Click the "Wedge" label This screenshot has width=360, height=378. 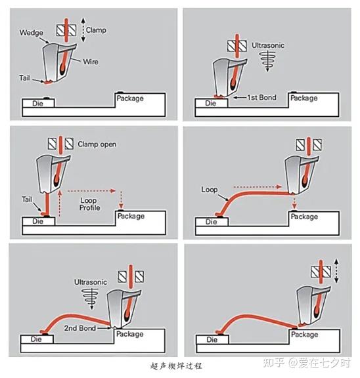32,33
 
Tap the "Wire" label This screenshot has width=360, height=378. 91,62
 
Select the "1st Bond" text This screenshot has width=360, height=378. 262,97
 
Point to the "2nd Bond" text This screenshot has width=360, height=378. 80,328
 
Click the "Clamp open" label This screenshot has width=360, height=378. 97,144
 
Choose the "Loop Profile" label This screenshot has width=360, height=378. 89,204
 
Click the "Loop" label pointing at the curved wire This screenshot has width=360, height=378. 210,190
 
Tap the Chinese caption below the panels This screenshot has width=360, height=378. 176,366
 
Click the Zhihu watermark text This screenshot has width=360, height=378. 306,363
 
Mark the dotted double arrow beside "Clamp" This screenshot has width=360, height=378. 83,30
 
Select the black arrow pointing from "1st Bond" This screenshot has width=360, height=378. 240,98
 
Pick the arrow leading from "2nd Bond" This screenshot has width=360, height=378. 103,328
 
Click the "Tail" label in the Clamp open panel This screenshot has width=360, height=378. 27,199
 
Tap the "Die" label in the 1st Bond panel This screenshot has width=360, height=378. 210,103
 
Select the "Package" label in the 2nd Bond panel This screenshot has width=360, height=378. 130,334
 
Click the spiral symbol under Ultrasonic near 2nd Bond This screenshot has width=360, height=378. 90,297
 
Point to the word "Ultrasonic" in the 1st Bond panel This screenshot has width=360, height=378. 268,45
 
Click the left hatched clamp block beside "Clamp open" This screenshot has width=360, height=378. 52,144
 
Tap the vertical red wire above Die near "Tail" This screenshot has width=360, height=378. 47,204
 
